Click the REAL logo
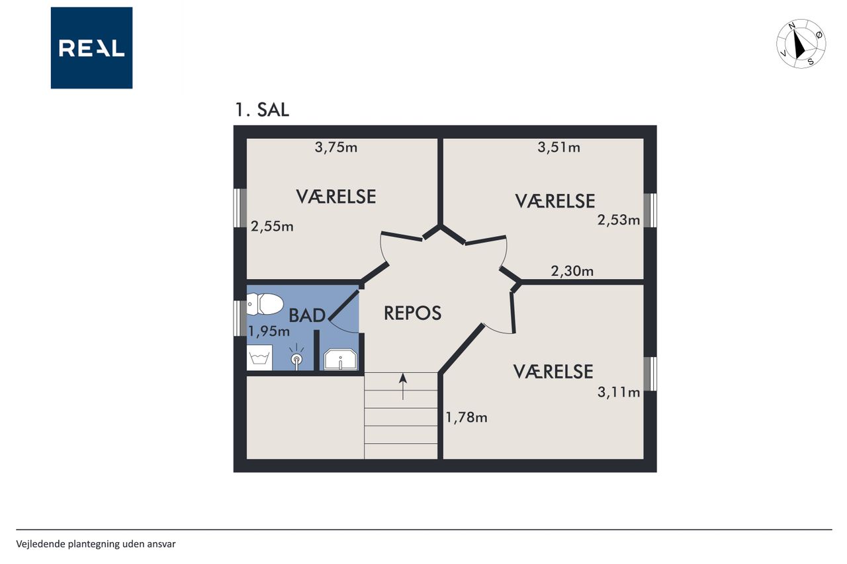[91, 48]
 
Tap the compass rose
[801, 44]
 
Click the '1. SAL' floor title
[262, 110]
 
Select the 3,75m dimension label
[335, 147]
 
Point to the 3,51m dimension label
[558, 147]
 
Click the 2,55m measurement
[272, 226]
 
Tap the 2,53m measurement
[619, 220]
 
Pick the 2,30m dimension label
[572, 271]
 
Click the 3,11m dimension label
[619, 392]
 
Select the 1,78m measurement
[467, 417]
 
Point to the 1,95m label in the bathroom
[269, 331]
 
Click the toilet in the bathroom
[265, 304]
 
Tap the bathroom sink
[340, 359]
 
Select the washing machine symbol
[259, 357]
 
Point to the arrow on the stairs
[403, 386]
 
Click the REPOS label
[412, 313]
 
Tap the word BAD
[307, 315]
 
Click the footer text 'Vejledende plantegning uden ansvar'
[96, 544]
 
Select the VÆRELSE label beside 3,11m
[553, 372]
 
